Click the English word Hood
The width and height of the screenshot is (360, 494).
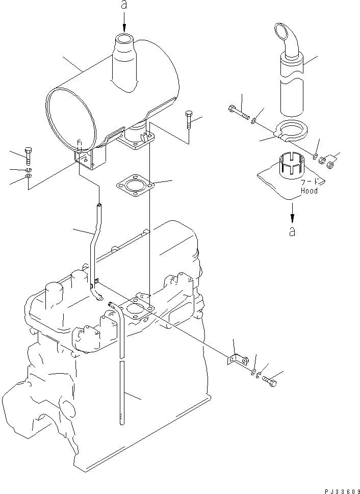pyautogui.click(x=309, y=191)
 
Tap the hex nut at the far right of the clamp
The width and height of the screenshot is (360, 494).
pyautogui.click(x=330, y=164)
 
